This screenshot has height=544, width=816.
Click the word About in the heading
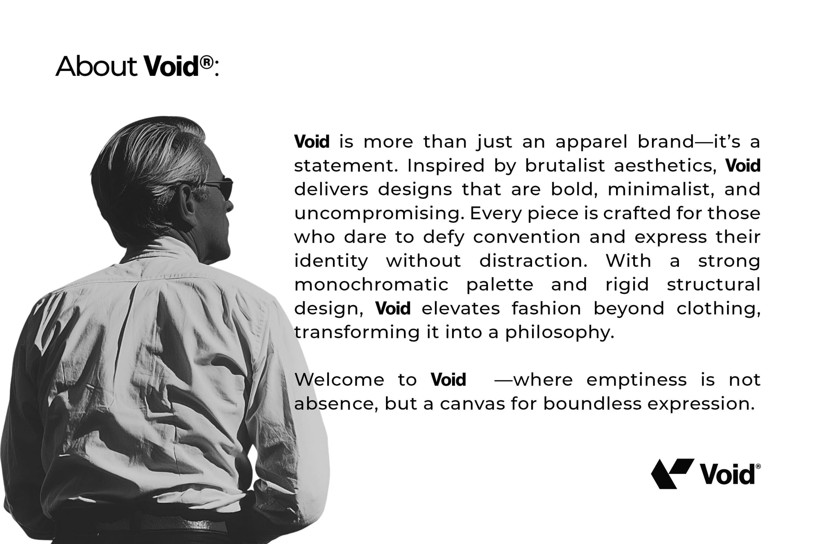(x=97, y=66)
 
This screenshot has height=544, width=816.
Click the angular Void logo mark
(x=672, y=473)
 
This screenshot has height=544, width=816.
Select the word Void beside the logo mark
(x=728, y=474)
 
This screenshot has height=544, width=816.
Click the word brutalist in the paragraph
(x=565, y=166)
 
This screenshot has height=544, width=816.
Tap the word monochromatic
(x=371, y=284)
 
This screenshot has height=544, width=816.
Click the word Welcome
(x=339, y=380)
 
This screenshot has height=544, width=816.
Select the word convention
(x=527, y=237)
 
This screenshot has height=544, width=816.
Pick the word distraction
(x=533, y=261)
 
